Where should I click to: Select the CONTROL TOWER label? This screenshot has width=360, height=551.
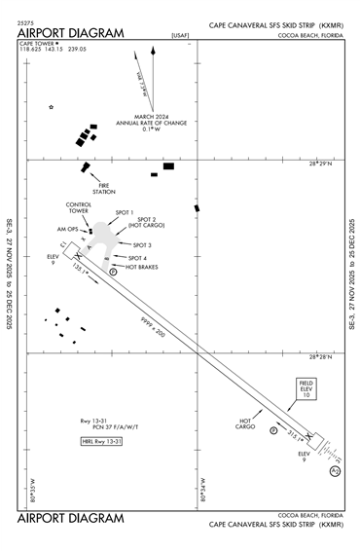tap(78, 207)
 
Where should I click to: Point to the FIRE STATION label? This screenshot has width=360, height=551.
tap(104, 189)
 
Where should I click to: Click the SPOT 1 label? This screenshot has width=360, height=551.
tap(125, 211)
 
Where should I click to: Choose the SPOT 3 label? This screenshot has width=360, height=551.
tap(142, 244)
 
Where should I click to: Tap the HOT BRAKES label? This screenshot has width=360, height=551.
tap(142, 267)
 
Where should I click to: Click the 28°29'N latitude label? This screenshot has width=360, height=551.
tap(320, 165)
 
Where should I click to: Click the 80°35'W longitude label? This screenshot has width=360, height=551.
tap(32, 488)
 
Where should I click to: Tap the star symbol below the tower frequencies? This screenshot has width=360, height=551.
tap(52, 107)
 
